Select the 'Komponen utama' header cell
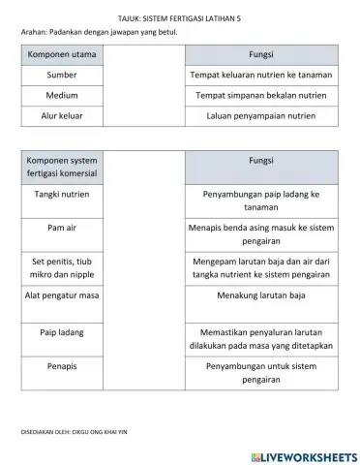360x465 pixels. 62,54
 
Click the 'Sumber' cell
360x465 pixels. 62,75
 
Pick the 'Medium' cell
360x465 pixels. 62,96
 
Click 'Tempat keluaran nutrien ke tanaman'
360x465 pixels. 261,75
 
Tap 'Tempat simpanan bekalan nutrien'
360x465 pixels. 261,96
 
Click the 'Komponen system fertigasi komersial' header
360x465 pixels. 62,167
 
